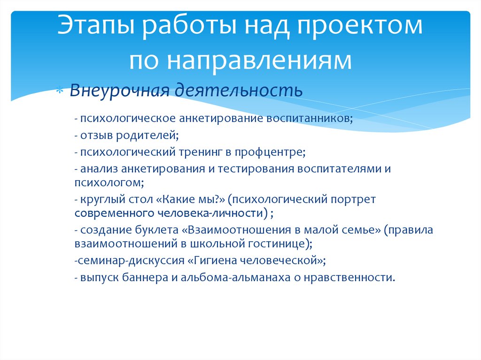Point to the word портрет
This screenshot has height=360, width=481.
[354, 199]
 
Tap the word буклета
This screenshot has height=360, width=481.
[159, 230]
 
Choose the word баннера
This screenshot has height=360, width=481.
[143, 277]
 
